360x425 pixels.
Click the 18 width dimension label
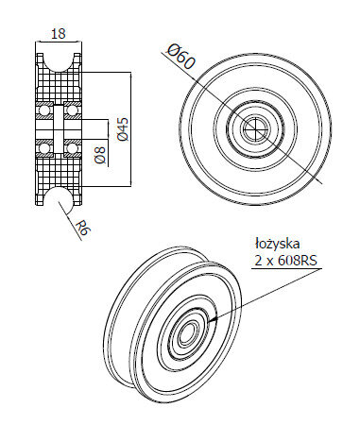[59, 33]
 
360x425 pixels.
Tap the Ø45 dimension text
[123, 129]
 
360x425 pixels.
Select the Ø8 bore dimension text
[100, 156]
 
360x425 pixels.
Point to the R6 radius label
[84, 228]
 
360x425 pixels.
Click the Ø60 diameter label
[180, 57]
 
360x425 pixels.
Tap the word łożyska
[277, 245]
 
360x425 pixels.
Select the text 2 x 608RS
[285, 261]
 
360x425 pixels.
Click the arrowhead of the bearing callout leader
[212, 319]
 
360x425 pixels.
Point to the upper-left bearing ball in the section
[43, 110]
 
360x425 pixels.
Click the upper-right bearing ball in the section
[73, 110]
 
